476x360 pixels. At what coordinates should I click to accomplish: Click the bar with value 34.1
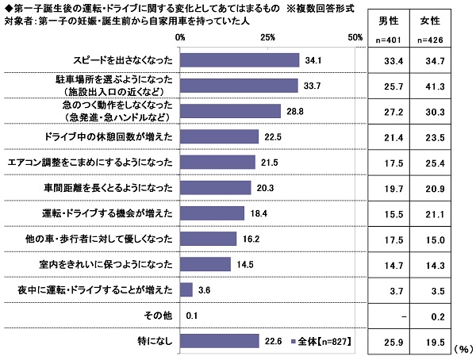(x=240, y=59)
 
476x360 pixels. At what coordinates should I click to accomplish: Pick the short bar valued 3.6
(x=186, y=289)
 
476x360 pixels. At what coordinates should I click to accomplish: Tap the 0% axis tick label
(x=180, y=37)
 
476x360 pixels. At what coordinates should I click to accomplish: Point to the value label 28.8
(x=295, y=110)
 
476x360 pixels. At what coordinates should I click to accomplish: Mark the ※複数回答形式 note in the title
(x=321, y=7)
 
